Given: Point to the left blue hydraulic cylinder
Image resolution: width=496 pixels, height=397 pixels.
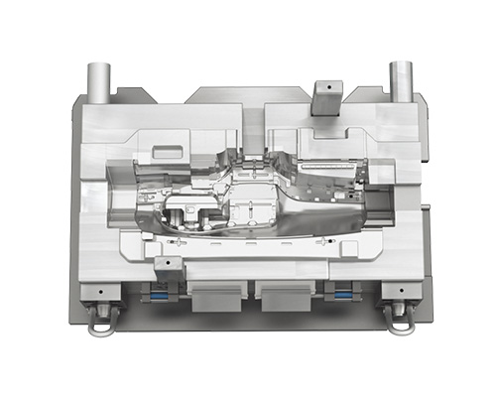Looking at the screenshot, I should coord(157,294).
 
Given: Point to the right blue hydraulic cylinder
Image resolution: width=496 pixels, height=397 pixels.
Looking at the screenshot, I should coord(342,294).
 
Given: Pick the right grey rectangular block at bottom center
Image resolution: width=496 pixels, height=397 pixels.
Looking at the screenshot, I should coord(285,293).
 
